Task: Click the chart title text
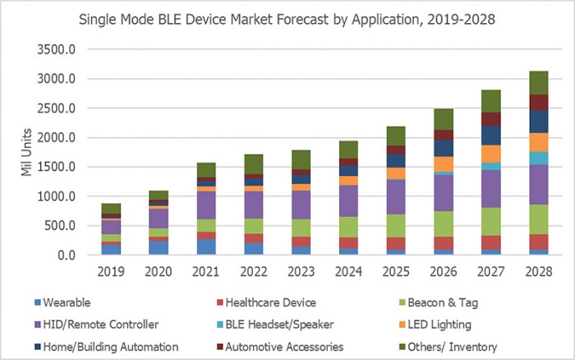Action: (287, 17)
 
